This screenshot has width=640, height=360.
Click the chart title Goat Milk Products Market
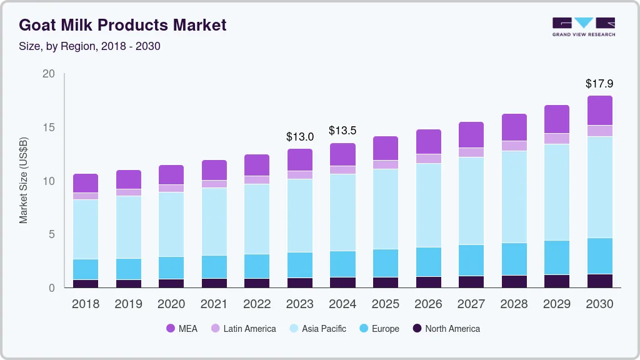click(122, 25)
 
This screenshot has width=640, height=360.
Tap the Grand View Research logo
click(583, 26)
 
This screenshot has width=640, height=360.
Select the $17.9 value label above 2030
click(599, 83)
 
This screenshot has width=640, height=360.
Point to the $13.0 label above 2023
click(299, 136)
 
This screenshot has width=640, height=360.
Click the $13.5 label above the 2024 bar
click(342, 131)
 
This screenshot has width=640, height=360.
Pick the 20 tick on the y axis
click(49, 74)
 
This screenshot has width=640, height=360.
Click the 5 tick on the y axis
click(52, 234)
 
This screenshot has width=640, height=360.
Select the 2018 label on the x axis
click(85, 304)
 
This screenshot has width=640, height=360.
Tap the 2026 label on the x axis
click(428, 304)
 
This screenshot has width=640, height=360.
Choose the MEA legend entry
click(181, 329)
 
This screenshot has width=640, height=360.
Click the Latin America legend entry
click(243, 329)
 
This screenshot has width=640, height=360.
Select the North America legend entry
click(446, 329)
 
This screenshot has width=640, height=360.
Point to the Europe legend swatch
click(361, 329)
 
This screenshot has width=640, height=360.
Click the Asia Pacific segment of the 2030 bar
click(599, 187)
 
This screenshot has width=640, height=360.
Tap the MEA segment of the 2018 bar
click(86, 183)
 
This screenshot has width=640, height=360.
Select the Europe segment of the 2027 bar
click(471, 260)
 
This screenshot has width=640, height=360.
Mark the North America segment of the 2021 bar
click(214, 283)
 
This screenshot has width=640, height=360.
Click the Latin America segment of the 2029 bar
click(557, 139)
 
